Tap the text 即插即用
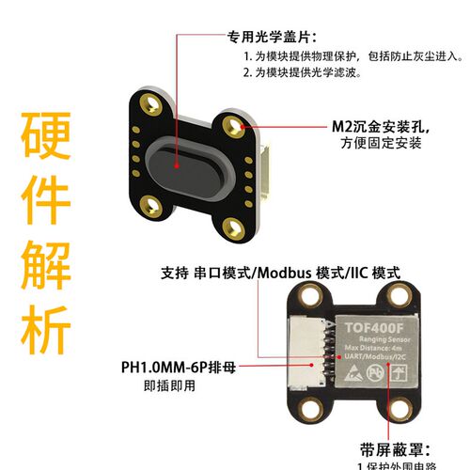pyautogui.click(x=170, y=385)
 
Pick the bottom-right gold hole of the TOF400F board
pyautogui.click(x=405, y=410)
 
